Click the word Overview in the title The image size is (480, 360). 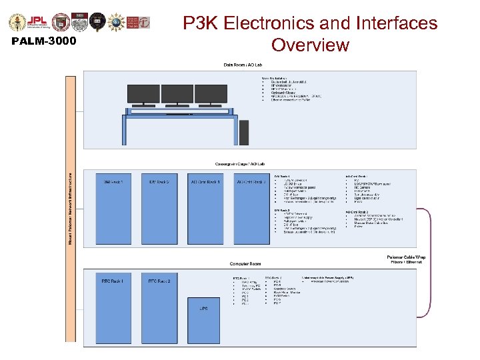(x=310, y=45)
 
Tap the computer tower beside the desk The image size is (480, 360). (x=244, y=132)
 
